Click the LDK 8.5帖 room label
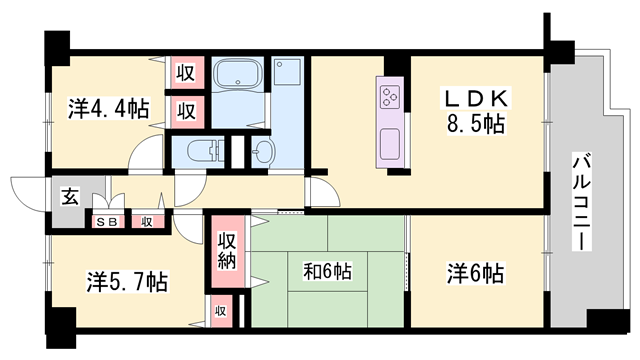[475, 111]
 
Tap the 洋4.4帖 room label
[108, 108]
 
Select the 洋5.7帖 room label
[127, 281]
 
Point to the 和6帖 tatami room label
[327, 271]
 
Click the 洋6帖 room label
[475, 273]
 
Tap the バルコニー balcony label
[582, 202]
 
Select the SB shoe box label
[108, 222]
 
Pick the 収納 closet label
[227, 251]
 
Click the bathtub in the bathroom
[238, 73]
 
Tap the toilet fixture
[203, 151]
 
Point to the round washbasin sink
[262, 152]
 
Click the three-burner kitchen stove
[390, 97]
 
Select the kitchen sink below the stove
[390, 144]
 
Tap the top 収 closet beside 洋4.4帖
[185, 73]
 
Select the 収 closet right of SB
[147, 222]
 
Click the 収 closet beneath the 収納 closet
[220, 311]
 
